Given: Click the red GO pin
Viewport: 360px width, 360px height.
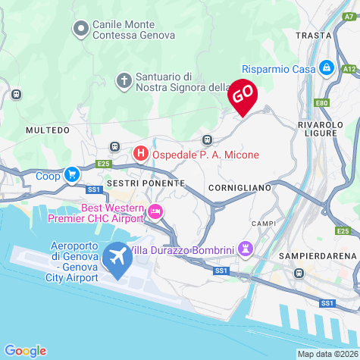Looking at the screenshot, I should [x=243, y=95].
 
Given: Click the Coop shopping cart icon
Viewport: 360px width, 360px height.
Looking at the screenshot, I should [x=71, y=175].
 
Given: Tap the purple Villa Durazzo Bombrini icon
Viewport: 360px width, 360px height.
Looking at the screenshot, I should [x=246, y=249].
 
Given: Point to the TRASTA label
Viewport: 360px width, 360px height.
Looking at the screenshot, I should [x=314, y=36].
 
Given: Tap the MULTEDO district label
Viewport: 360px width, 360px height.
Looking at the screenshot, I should [x=47, y=130].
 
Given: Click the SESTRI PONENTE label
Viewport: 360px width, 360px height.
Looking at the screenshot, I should [x=146, y=183].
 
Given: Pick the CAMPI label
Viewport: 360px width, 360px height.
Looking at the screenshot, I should [x=265, y=224].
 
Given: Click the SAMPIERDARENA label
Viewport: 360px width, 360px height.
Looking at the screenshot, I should [x=317, y=256].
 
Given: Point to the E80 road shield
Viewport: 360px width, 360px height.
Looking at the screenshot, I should [x=322, y=102].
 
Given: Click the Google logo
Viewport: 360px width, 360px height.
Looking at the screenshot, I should [x=25, y=351].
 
